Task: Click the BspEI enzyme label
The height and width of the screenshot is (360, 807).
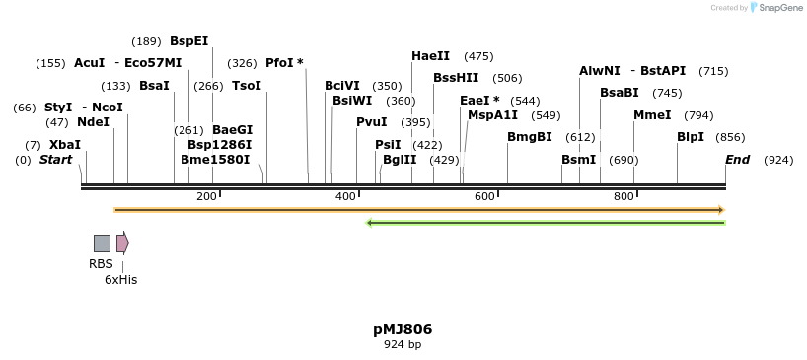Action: pyautogui.click(x=188, y=40)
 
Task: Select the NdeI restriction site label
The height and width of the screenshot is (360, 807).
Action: pyautogui.click(x=93, y=122)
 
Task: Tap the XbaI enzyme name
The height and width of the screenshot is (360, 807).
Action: pyautogui.click(x=65, y=144)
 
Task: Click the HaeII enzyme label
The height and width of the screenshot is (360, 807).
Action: pyautogui.click(x=430, y=56)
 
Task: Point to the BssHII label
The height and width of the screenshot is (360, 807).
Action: pyautogui.click(x=456, y=78)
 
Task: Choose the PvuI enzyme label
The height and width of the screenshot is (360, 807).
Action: pyautogui.click(x=372, y=122)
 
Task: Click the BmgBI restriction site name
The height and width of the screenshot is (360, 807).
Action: pyautogui.click(x=530, y=137)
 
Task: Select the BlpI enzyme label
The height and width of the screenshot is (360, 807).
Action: pyautogui.click(x=691, y=137)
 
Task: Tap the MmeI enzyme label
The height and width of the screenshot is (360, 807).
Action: pyautogui.click(x=652, y=115)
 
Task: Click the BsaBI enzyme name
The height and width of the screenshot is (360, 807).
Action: pyautogui.click(x=620, y=93)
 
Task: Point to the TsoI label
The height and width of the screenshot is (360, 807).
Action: pyautogui.click(x=247, y=86)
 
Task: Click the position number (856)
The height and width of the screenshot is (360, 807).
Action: pyautogui.click(x=730, y=137)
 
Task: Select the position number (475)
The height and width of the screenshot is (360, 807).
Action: pyautogui.click(x=478, y=56)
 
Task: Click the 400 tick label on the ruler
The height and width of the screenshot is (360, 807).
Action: pyautogui.click(x=345, y=197)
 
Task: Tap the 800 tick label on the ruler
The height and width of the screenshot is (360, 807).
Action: pyautogui.click(x=624, y=197)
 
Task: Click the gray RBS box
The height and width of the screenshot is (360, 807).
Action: pyautogui.click(x=102, y=243)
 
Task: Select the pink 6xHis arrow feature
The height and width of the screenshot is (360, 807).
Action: pyautogui.click(x=122, y=243)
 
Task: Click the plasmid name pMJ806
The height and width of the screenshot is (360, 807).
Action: pyautogui.click(x=403, y=329)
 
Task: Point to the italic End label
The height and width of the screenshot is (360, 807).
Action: pyautogui.click(x=737, y=159)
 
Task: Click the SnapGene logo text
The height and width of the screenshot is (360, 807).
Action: pyautogui.click(x=779, y=8)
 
